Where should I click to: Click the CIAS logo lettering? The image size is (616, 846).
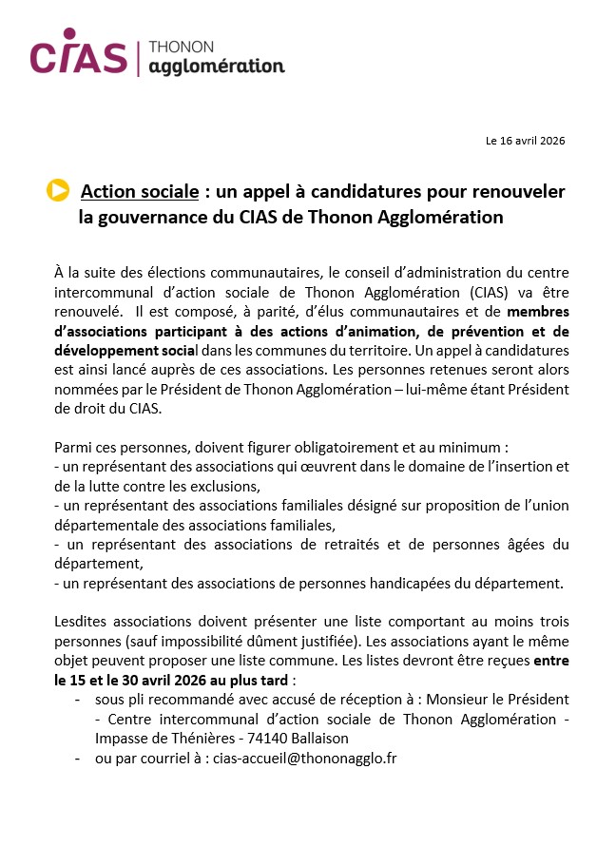click(x=78, y=57)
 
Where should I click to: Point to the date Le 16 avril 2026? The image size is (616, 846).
click(x=525, y=141)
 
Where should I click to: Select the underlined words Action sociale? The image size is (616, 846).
click(x=140, y=192)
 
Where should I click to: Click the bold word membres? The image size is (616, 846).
click(x=538, y=310)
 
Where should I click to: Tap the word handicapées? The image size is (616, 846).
click(x=422, y=582)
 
